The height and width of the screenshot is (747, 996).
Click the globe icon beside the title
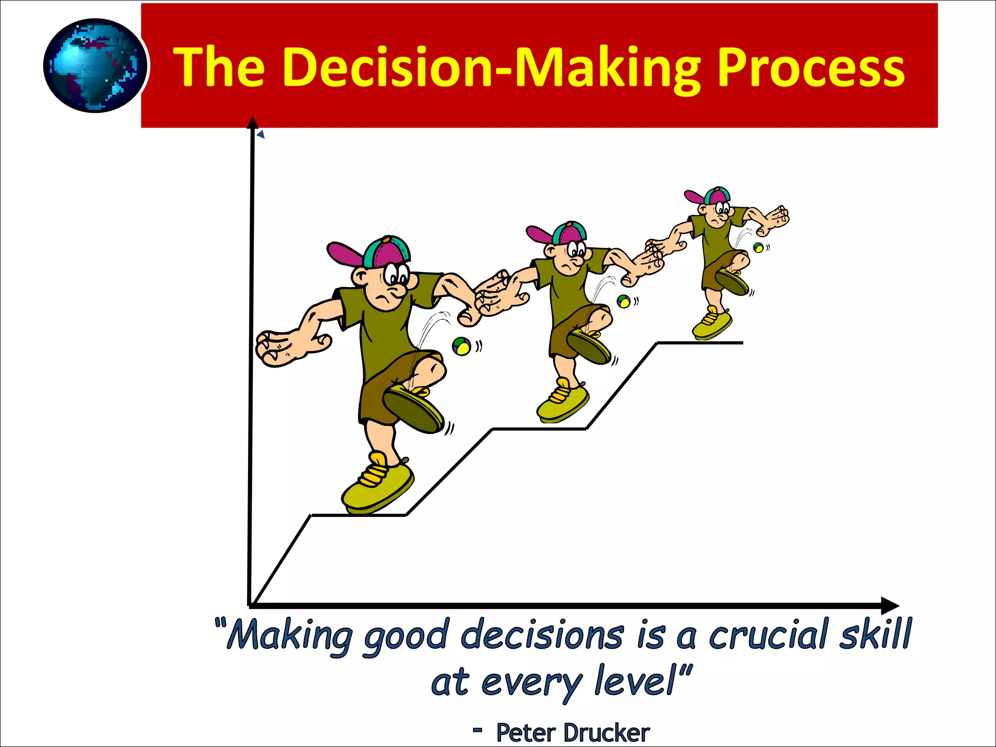tap(95, 66)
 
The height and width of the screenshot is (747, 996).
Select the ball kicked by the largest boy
tap(461, 346)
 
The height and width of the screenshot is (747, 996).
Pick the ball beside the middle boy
tap(623, 302)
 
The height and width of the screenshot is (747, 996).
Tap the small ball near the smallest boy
tap(758, 248)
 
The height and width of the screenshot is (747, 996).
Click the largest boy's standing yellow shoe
tap(377, 484)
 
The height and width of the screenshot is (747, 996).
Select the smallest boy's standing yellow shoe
tap(711, 323)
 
